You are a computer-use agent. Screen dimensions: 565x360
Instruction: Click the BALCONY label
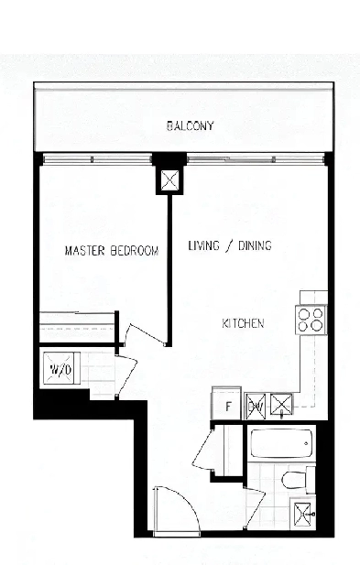190,125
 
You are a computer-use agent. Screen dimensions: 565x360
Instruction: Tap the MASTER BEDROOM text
112,250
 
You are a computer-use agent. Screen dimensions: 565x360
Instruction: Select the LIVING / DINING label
230,246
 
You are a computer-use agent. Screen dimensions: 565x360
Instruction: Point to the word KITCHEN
244,323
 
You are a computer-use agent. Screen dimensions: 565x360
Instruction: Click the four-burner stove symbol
310,319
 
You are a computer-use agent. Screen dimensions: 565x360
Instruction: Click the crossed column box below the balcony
169,180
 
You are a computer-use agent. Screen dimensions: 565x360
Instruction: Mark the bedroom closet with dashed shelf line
77,327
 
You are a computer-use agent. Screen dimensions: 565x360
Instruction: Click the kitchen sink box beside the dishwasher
281,405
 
